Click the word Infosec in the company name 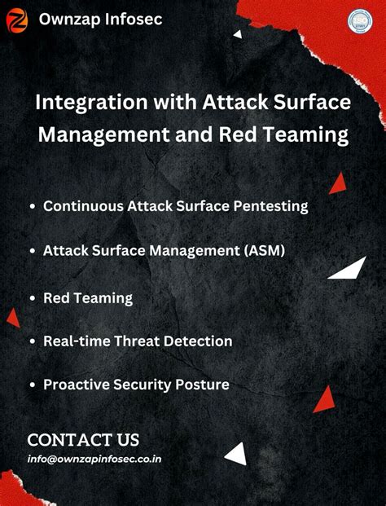click(133, 19)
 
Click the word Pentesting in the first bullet click(267, 206)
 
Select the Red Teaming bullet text click(87, 297)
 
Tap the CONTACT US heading click(83, 440)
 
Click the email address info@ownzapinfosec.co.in click(94, 459)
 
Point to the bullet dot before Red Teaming click(31, 298)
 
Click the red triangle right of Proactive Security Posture click(325, 398)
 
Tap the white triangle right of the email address click(237, 454)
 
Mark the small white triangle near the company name click(238, 34)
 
